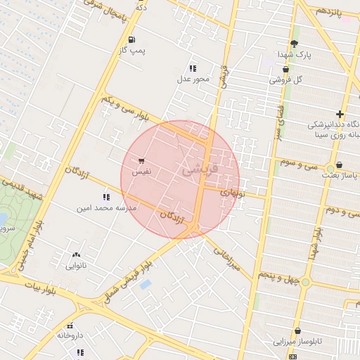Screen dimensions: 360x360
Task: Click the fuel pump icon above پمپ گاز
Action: click(x=131, y=39)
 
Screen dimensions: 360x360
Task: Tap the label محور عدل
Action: click(x=193, y=79)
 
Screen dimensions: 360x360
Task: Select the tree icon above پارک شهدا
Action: click(x=294, y=44)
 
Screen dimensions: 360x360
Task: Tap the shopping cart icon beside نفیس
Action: click(x=142, y=161)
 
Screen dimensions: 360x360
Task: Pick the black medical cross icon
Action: click(x=340, y=114)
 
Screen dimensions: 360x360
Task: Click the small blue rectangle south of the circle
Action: click(x=145, y=284)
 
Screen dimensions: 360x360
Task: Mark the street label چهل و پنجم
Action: click(x=284, y=277)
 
